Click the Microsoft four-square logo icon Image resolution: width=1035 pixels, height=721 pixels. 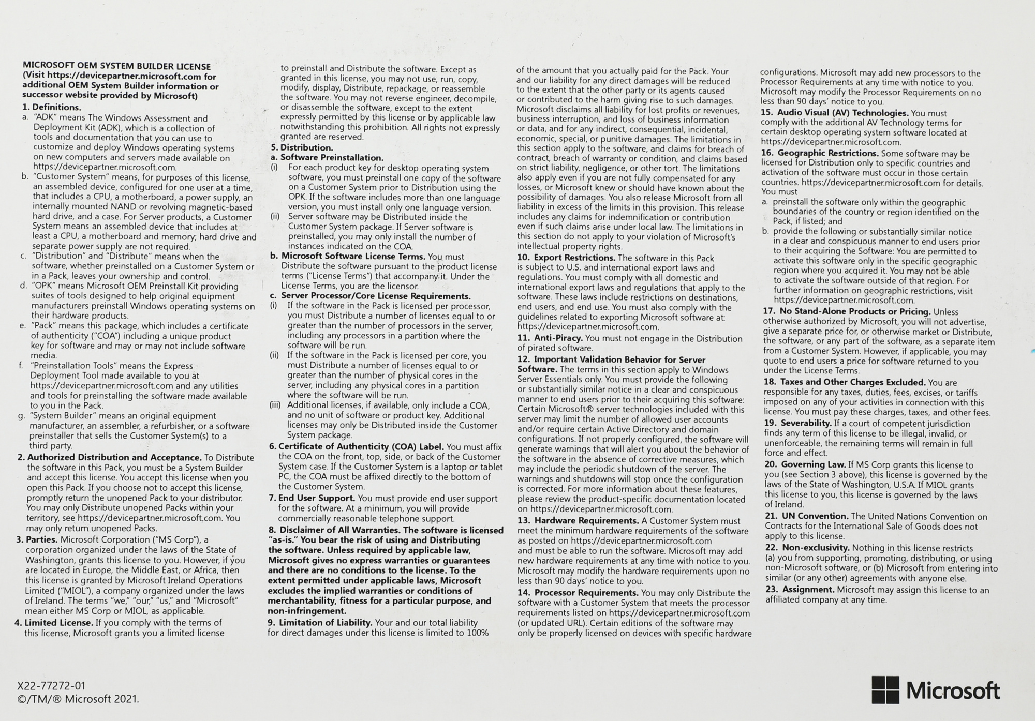(x=885, y=690)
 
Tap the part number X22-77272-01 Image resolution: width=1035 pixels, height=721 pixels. (x=51, y=686)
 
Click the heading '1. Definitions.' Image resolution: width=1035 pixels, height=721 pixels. (x=52, y=108)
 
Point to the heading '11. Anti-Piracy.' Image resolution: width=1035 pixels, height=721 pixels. (x=550, y=338)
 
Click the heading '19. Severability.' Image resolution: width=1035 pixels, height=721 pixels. (x=797, y=424)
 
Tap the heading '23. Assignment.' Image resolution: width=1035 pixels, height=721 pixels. (x=800, y=590)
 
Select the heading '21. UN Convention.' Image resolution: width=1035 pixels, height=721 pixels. (x=806, y=516)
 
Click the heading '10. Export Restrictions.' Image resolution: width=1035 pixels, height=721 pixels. (x=566, y=258)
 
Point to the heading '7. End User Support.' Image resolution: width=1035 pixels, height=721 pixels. (x=312, y=498)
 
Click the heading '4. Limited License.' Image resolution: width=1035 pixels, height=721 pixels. (x=54, y=623)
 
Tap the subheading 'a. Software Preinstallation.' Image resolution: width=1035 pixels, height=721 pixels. (x=327, y=157)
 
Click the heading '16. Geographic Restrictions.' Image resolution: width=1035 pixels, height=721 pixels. (x=820, y=153)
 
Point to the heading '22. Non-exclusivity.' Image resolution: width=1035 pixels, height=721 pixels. (x=807, y=548)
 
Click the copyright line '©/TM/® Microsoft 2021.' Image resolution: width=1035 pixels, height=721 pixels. (x=78, y=699)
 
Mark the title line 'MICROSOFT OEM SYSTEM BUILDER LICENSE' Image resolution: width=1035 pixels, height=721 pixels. (x=116, y=66)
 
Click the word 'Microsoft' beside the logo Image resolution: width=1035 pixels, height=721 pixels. (x=953, y=691)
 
